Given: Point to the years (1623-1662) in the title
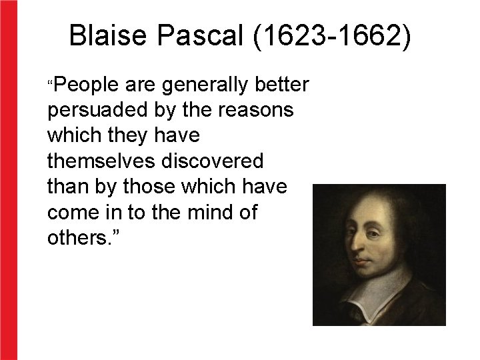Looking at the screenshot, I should pos(332,36).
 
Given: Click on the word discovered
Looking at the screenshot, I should pos(214,161).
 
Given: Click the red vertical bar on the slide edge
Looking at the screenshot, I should pos(9,180).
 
